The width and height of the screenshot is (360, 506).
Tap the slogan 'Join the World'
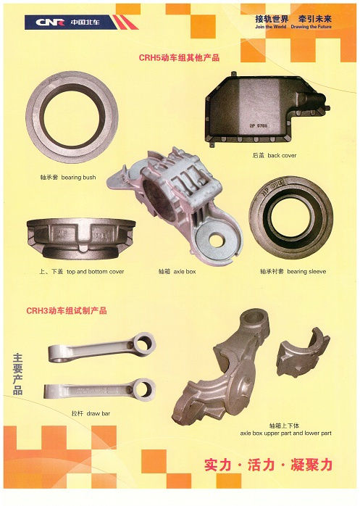[x=271, y=27]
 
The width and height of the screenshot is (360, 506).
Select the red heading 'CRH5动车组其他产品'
[x=179, y=58]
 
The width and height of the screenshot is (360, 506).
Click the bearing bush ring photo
[x=72, y=119]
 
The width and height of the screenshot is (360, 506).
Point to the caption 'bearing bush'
[x=78, y=177]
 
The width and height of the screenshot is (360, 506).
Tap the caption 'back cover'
[x=282, y=155]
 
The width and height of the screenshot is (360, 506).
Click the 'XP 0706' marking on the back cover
[x=259, y=126]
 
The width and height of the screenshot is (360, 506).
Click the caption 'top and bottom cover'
[x=95, y=272]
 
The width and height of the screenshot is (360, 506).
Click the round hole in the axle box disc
[x=215, y=239]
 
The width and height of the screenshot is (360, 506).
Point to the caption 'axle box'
[x=185, y=272]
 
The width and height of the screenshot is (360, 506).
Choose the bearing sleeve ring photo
[x=290, y=215]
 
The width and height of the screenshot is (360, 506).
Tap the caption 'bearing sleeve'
[x=306, y=271]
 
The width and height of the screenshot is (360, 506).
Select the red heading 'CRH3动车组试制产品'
[x=67, y=311]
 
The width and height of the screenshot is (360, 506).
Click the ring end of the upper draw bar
[x=144, y=343]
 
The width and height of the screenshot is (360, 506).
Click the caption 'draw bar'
[x=99, y=413]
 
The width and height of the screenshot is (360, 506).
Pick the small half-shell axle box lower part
[x=304, y=349]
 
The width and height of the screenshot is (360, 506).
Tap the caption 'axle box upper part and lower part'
[x=286, y=433]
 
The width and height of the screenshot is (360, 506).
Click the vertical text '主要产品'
[x=17, y=374]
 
